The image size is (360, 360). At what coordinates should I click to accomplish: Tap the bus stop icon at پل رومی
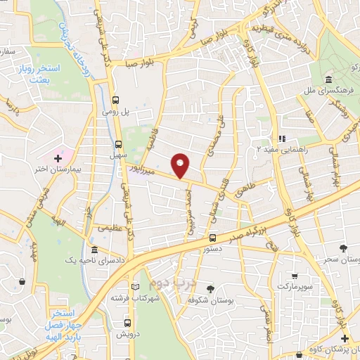point(117,99)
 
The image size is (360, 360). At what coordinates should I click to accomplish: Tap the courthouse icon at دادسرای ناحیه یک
point(94,250)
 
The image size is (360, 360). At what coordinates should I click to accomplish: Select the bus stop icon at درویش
point(126,323)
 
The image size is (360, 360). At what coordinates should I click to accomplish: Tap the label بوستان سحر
point(344,260)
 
